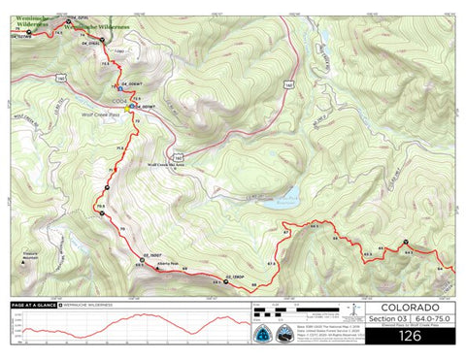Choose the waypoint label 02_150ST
151,254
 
